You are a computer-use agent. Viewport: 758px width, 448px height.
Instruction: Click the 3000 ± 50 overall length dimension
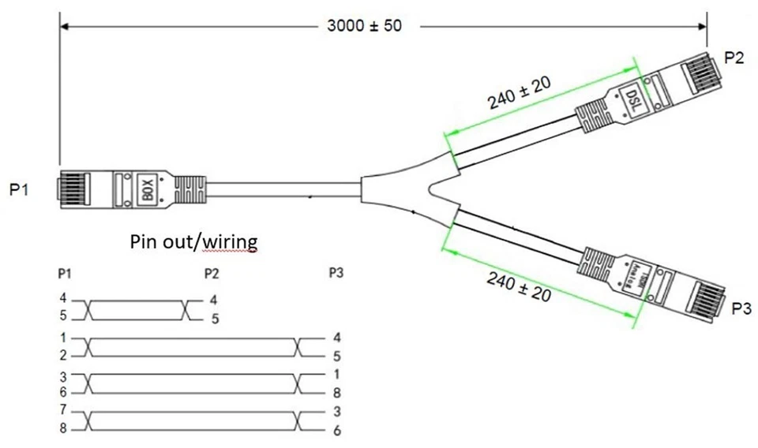tap(364, 25)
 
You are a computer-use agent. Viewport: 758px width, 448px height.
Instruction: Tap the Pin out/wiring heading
tap(193, 241)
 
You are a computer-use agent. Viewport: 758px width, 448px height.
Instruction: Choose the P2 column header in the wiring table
tap(212, 273)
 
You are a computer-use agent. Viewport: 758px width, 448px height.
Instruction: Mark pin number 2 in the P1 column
tap(62, 356)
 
